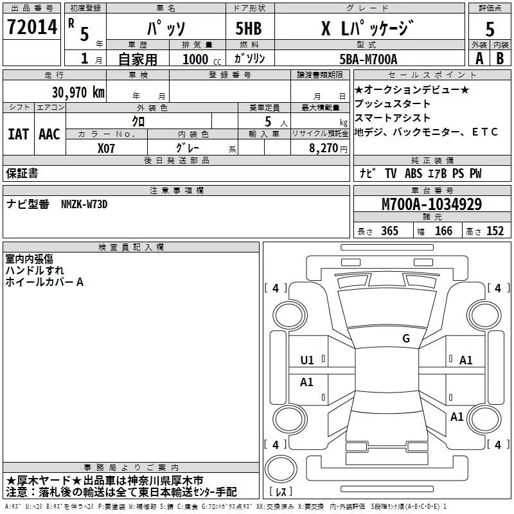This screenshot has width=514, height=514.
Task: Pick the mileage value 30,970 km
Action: pyautogui.click(x=78, y=92)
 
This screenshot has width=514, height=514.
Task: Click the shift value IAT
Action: pyautogui.click(x=18, y=134)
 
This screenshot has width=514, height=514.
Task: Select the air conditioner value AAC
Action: pyautogui.click(x=49, y=134)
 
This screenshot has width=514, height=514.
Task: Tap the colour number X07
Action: pyautogui.click(x=106, y=147)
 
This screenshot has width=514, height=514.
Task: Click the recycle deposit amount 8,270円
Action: pyautogui.click(x=329, y=147)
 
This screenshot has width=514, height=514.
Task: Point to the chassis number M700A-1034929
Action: pyautogui.click(x=431, y=204)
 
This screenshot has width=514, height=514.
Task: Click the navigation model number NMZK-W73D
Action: pyautogui.click(x=84, y=204)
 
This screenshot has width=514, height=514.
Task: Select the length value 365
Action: pyautogui.click(x=389, y=231)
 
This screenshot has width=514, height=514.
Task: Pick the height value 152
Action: pyautogui.click(x=495, y=231)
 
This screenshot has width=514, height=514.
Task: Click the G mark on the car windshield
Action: pyautogui.click(x=406, y=339)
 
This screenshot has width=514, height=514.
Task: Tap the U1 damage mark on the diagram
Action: pyautogui.click(x=307, y=360)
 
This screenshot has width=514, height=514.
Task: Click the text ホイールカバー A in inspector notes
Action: pyautogui.click(x=44, y=281)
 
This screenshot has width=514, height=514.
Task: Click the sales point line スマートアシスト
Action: pyautogui.click(x=393, y=118)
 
